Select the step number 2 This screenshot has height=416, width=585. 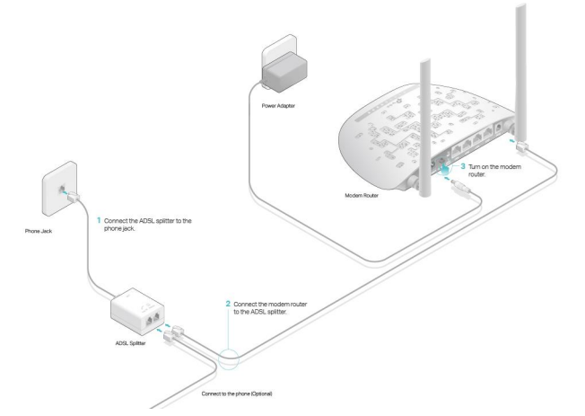pos(228,305)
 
